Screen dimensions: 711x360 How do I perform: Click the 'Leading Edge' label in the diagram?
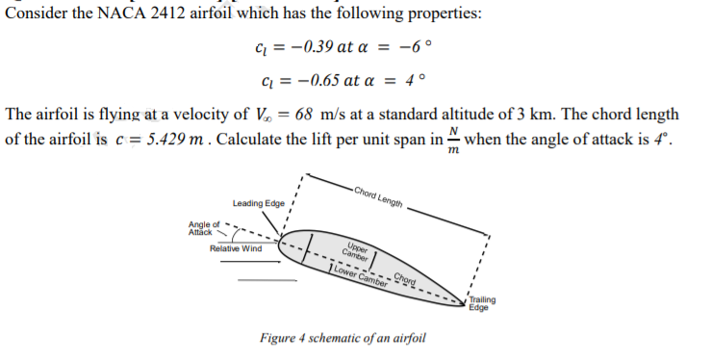[x=257, y=203]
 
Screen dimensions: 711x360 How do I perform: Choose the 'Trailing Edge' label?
[x=483, y=303]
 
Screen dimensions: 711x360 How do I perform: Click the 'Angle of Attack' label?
[x=203, y=229]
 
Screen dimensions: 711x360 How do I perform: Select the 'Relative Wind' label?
[x=236, y=248]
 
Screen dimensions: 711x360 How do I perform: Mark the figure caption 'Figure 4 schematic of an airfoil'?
[x=343, y=338]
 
